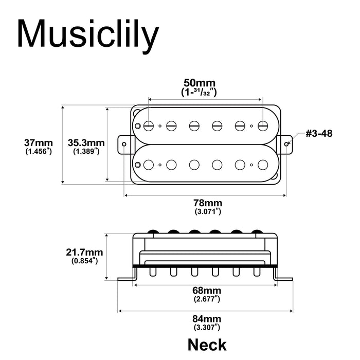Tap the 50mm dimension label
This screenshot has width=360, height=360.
[200, 83]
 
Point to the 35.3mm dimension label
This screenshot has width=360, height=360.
[86, 142]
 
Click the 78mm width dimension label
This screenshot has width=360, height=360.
[208, 202]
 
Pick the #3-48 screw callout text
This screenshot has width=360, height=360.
[319, 134]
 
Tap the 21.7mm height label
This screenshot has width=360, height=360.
[85, 252]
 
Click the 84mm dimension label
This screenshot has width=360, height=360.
[208, 319]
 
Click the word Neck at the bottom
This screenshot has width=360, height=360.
[207, 344]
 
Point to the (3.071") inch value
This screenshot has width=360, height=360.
[208, 211]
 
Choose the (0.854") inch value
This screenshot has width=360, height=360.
[85, 261]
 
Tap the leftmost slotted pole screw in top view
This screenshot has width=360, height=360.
[149, 125]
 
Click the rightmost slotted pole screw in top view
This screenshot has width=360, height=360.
[263, 125]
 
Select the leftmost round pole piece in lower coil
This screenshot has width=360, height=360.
[149, 165]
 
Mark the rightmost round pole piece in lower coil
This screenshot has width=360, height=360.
[263, 165]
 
